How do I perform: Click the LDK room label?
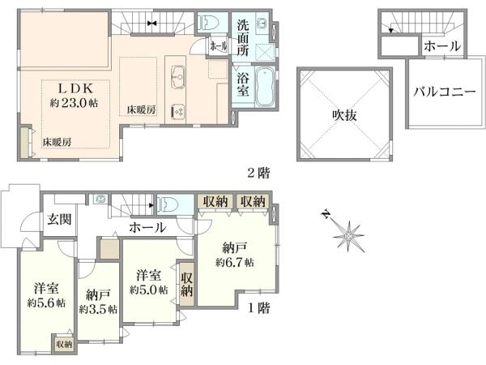pos(76,89)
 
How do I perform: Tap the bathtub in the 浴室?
pos(264,87)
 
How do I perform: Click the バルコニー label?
pos(444,92)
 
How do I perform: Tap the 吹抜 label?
pos(344,115)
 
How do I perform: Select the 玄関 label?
pos(59,220)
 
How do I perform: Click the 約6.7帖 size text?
pos(235,263)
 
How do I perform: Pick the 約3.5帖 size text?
pos(98,309)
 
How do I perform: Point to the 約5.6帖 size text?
pos(46,303)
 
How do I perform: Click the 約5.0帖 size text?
pos(149,290)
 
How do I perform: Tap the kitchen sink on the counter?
pos(178,75)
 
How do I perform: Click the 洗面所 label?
pos(243,37)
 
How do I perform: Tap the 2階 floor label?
pos(258,173)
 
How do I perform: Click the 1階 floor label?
pos(258,308)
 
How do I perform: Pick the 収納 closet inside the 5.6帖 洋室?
pos(64,344)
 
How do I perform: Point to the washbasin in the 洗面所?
pos(263,23)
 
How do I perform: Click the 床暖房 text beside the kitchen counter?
pos(141,109)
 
